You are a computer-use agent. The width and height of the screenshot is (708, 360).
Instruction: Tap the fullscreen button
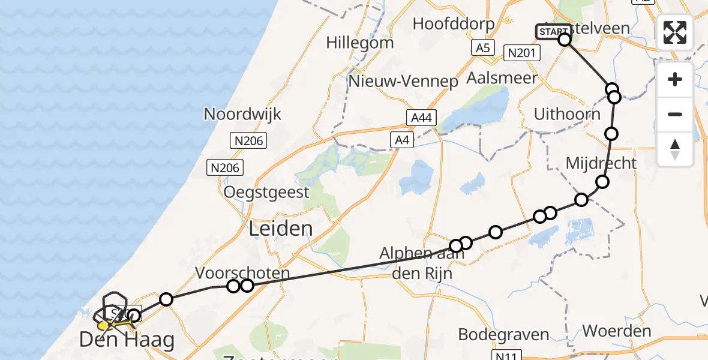(x=675, y=32)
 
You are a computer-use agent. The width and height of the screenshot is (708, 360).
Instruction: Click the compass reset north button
(x=675, y=149)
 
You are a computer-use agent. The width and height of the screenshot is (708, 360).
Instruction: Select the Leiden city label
(x=281, y=229)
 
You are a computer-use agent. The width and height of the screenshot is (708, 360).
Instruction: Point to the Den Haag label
(x=127, y=341)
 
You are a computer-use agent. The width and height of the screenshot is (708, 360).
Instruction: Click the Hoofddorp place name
(x=454, y=24)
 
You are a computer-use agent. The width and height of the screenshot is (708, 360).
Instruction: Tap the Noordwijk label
(x=242, y=114)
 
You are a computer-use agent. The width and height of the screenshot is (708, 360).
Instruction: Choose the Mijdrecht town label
(x=601, y=163)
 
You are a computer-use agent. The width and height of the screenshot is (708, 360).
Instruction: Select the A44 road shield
(x=420, y=118)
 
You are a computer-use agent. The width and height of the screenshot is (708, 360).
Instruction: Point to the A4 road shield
(x=401, y=140)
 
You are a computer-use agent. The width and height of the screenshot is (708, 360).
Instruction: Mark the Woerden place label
(x=617, y=331)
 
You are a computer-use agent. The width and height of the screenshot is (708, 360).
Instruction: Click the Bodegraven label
(x=496, y=334)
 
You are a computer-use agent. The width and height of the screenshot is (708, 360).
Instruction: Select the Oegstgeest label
(x=266, y=193)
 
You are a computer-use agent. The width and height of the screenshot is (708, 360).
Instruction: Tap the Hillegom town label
(x=360, y=43)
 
